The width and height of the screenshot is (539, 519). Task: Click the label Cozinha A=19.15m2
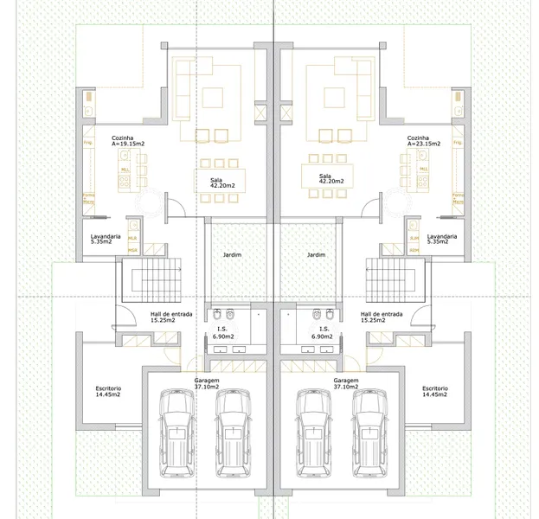click(127, 141)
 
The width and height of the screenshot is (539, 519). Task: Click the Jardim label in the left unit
click(231, 255)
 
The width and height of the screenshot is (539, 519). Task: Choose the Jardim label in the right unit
click(316, 255)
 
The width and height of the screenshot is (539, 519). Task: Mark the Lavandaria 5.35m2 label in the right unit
click(441, 240)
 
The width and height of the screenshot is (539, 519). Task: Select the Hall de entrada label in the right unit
click(382, 317)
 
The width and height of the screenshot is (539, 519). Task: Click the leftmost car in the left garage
click(177, 432)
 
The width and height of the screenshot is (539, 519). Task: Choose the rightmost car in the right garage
click(369, 432)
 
